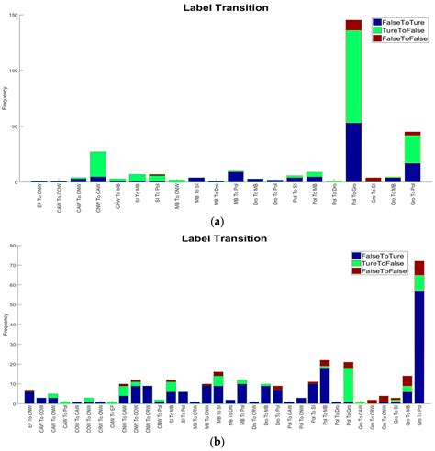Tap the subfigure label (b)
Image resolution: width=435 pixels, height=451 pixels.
[x=217, y=441]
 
